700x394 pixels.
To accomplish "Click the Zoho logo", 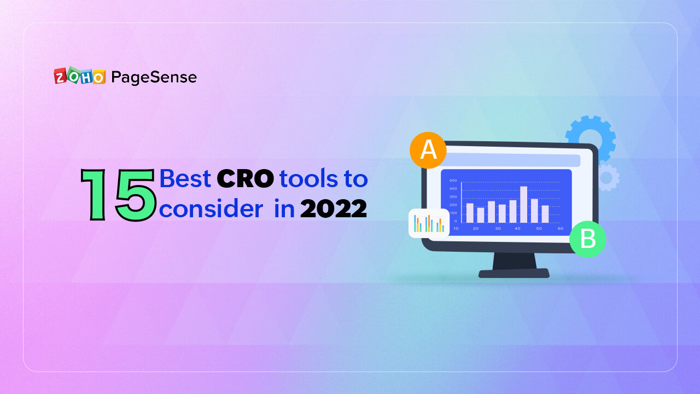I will pyautogui.click(x=79, y=77).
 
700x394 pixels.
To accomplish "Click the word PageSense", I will pyautogui.click(x=154, y=77).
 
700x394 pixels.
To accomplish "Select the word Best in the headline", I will pyautogui.click(x=185, y=179).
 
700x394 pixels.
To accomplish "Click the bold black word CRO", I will pyautogui.click(x=245, y=179).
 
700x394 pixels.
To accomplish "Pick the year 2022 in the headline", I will pyautogui.click(x=333, y=210).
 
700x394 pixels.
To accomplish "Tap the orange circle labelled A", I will pyautogui.click(x=428, y=150).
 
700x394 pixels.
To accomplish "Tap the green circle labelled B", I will pyautogui.click(x=587, y=239).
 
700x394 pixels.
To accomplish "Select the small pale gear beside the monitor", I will pyautogui.click(x=608, y=178).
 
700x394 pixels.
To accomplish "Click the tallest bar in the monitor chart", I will pyautogui.click(x=523, y=204).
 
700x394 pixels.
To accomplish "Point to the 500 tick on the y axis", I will pyautogui.click(x=453, y=180).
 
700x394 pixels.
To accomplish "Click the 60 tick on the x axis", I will pyautogui.click(x=561, y=228).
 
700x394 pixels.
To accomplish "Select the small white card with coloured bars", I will pyautogui.click(x=429, y=223).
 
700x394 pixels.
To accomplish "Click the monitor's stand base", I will pyautogui.click(x=514, y=273).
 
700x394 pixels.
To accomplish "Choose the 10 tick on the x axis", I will pyautogui.click(x=456, y=228).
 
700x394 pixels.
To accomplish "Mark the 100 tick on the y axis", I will pyautogui.click(x=453, y=213).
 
